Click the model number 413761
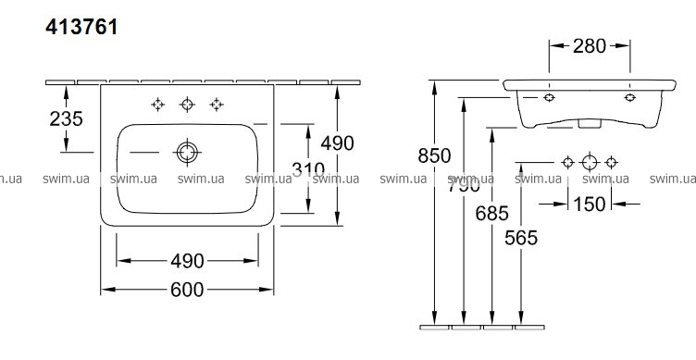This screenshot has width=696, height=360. pyautogui.click(x=81, y=27)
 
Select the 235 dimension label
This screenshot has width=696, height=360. pyautogui.click(x=66, y=119)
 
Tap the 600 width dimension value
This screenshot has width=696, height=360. pyautogui.click(x=187, y=290)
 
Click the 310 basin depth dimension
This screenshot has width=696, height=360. pyautogui.click(x=308, y=168)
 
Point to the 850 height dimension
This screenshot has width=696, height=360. pyautogui.click(x=434, y=155)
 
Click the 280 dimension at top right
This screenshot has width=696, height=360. pyautogui.click(x=589, y=45)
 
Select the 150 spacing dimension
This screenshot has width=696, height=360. pyautogui.click(x=589, y=205)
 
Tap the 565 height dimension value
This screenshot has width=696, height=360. pyautogui.click(x=521, y=238)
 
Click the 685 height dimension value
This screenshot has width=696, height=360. pyautogui.click(x=491, y=214)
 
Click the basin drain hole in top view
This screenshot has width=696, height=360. pyautogui.click(x=187, y=153)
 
